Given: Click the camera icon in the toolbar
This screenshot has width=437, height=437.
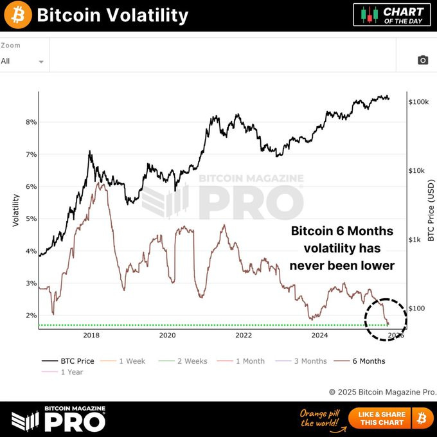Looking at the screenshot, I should coord(422,60).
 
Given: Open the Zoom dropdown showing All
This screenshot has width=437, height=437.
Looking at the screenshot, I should coord(22,61).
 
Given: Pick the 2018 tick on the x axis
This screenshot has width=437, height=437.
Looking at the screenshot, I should coord(91,335).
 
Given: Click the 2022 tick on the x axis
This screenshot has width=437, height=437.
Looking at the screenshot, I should coord(244,335).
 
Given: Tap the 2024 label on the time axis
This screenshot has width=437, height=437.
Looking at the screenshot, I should coord(319,335).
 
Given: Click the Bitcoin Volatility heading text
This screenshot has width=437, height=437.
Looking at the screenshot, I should coord(112,15).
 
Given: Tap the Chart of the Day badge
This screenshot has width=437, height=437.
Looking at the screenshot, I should coord(392,15).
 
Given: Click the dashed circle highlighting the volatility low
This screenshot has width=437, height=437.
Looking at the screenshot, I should coord(386,319).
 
